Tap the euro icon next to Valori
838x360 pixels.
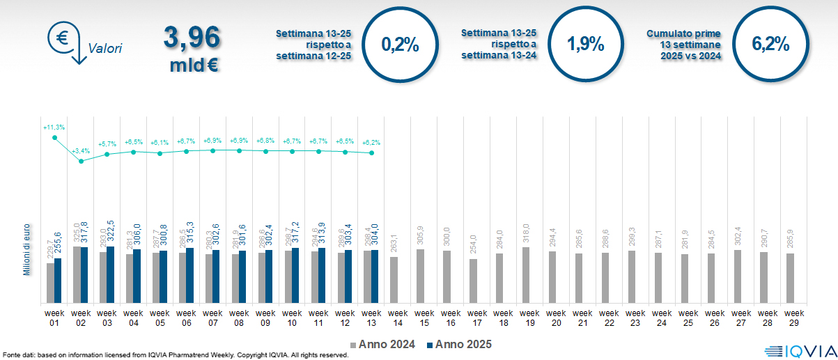coord(62,36)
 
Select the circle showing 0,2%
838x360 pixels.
coord(401,45)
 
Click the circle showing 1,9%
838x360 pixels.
coord(585,45)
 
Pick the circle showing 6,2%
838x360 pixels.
coord(770,45)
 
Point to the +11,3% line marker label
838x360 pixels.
coord(54,127)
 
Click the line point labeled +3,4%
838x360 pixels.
coord(81,161)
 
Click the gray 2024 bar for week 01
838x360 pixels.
coord(50,283)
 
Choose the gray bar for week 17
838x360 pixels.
coord(474,281)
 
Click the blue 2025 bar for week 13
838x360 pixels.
coord(375,276)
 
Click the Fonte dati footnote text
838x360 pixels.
coord(174,355)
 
